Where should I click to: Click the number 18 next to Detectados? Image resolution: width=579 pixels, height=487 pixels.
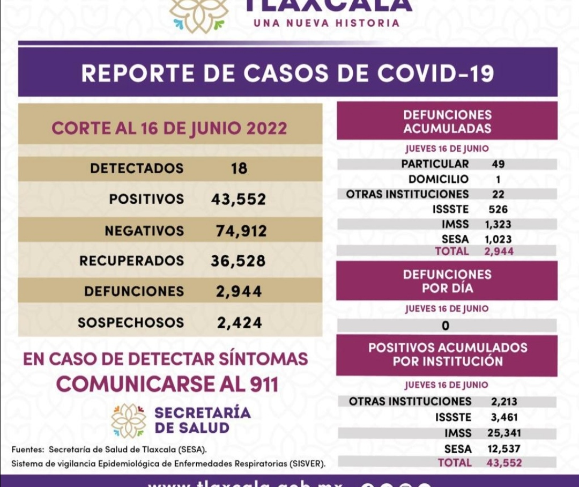(x=239, y=168)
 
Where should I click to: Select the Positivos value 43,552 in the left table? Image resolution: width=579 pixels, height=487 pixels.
(x=239, y=200)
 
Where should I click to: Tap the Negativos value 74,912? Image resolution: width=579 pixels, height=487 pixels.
(x=241, y=231)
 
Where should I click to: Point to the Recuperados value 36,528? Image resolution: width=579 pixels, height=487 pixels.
(x=239, y=261)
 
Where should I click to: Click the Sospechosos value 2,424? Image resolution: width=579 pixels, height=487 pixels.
(x=240, y=323)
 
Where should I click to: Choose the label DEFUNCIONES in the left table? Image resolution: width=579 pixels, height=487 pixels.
(x=133, y=292)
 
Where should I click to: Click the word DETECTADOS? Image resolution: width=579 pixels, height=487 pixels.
(x=137, y=168)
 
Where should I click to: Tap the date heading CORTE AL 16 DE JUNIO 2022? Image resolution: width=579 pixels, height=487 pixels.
(x=169, y=129)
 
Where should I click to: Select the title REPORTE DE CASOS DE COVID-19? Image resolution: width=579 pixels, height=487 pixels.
(x=287, y=73)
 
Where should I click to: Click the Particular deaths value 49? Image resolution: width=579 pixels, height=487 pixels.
(x=498, y=164)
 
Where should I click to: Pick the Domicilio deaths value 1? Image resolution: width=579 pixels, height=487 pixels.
(x=498, y=179)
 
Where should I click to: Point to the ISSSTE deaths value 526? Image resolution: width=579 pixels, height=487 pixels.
(x=498, y=209)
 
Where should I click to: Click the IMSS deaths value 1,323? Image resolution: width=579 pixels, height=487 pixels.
(x=499, y=224)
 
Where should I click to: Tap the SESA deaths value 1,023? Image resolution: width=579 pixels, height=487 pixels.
(x=499, y=239)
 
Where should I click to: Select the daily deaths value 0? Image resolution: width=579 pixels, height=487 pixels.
(x=446, y=326)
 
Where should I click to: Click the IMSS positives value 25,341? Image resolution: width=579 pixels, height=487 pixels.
(x=506, y=433)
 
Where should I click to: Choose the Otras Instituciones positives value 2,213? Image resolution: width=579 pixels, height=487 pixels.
(x=504, y=401)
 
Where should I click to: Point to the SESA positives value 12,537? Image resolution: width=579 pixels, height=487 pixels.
(x=505, y=449)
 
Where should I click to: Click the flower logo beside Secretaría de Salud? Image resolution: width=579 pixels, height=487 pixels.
(x=129, y=420)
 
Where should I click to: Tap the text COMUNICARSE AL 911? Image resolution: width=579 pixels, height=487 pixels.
(x=167, y=384)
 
